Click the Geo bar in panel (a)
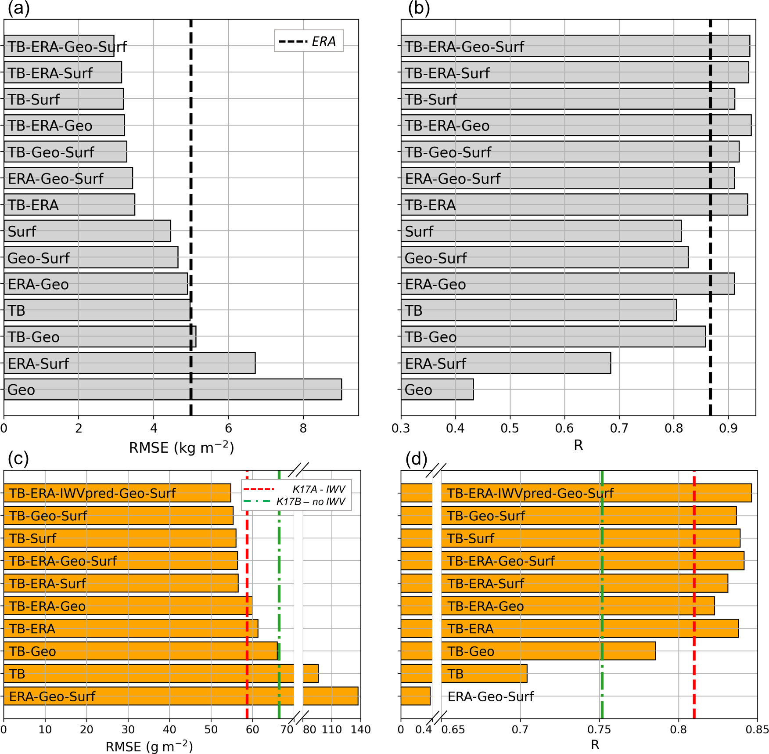tap(172, 390)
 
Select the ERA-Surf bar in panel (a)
tap(129, 363)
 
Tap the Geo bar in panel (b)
tap(437, 390)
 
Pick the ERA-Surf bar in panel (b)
tap(506, 363)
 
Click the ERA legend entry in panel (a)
tap(308, 41)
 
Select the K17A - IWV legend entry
tap(296, 489)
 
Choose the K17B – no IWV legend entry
tap(296, 501)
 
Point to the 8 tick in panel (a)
tap(303, 428)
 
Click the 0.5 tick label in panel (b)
tap(510, 428)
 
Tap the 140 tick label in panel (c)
tap(360, 730)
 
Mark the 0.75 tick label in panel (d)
tap(599, 730)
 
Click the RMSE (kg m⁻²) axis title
tap(181, 447)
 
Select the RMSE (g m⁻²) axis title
tap(149, 747)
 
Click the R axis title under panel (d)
tap(595, 745)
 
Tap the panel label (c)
tap(18, 458)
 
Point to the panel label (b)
tap(419, 8)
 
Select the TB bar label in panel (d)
tap(455, 674)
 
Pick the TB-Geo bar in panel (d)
tap(549, 651)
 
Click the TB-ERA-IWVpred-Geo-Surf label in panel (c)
tap(92, 493)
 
